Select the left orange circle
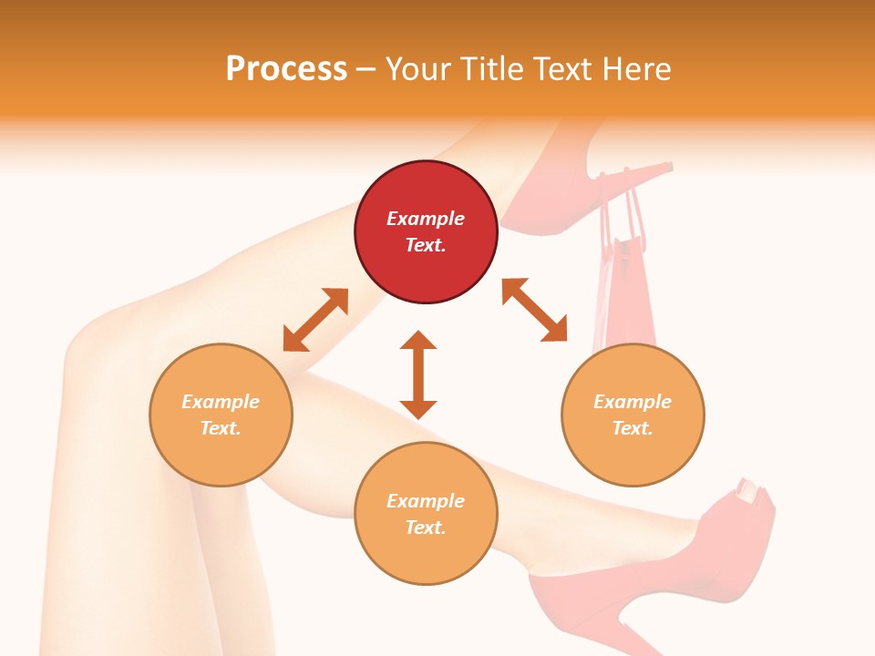coord(221,415)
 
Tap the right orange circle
coord(633,415)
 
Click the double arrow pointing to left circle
coord(315,320)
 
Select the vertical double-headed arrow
coord(418,374)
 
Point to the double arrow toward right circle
coord(534,310)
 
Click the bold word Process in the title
coord(286,68)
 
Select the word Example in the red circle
coord(426,219)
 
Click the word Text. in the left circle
coord(221,428)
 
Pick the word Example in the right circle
coord(633,402)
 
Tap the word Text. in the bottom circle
coord(426,528)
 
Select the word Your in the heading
coord(417,68)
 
